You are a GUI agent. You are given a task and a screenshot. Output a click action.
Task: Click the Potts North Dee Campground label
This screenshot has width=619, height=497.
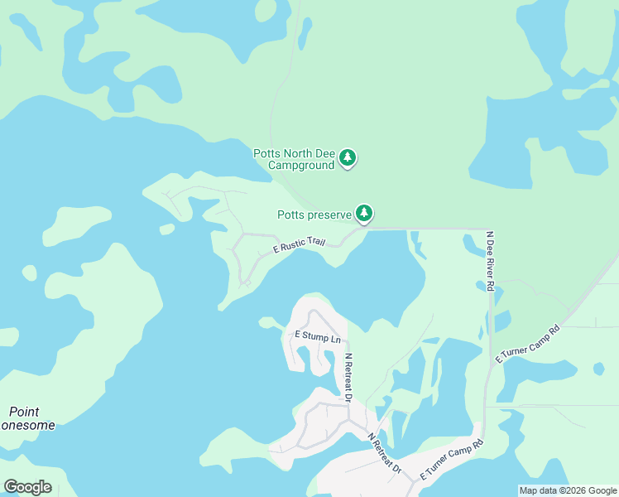coord(294,159)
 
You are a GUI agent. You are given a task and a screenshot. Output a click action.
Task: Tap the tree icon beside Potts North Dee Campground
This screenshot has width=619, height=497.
coord(348,157)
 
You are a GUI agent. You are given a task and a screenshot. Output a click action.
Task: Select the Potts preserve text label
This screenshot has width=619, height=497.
coord(314,215)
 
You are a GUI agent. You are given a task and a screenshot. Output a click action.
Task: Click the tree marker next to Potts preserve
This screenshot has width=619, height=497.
coord(363,213)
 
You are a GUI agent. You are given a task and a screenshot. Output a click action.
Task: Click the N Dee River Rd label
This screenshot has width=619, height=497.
coord(490,261)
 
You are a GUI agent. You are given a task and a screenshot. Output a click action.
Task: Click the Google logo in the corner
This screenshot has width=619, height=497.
coord(27,487)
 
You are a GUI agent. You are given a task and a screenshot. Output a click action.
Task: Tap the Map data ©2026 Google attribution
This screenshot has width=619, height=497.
coord(568,490)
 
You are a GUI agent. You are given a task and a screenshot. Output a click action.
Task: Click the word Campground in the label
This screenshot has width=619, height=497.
coord(302,165)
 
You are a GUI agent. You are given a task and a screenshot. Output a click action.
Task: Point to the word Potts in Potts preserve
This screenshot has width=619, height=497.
coord(290,215)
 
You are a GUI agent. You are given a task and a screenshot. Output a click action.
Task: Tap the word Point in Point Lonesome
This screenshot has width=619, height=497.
coord(24,412)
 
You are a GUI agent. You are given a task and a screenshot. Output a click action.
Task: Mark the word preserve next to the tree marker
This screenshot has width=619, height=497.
coord(329,215)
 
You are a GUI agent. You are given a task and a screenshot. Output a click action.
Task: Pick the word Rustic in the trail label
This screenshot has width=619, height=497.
coord(293,246)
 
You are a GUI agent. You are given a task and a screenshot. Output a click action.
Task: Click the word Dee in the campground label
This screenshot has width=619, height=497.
coord(324,153)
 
